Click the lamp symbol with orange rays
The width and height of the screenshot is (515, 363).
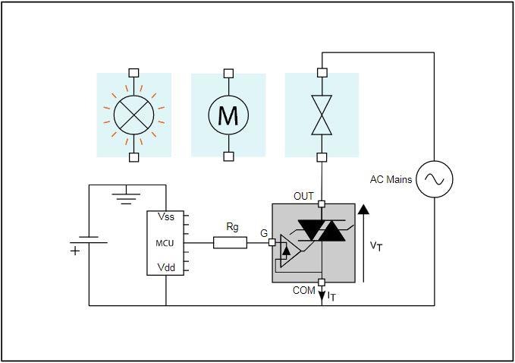[x=133, y=115]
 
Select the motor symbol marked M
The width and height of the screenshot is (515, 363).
[x=228, y=115]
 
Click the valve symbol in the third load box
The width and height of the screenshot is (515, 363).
[x=322, y=115]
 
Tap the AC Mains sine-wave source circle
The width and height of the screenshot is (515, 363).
[x=435, y=180]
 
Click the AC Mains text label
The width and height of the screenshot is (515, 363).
[x=391, y=180]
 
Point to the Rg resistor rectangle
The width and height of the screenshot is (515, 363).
[x=230, y=243]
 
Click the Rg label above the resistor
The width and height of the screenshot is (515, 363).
[x=233, y=227]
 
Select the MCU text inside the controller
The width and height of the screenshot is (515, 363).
[x=165, y=243]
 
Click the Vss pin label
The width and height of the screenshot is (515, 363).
[x=166, y=217]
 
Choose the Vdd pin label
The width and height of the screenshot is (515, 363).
[x=166, y=268]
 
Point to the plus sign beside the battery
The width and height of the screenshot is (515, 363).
[x=75, y=251]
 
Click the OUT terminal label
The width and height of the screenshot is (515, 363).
[x=303, y=197]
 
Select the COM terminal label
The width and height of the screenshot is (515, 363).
[x=303, y=290]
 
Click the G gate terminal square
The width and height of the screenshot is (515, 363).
[x=272, y=243]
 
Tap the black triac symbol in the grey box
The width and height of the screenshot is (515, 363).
[x=321, y=232]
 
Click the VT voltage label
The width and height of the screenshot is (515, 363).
[x=376, y=246]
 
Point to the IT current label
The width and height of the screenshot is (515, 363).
[x=331, y=297]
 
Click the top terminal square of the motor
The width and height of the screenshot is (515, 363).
[x=228, y=73]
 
